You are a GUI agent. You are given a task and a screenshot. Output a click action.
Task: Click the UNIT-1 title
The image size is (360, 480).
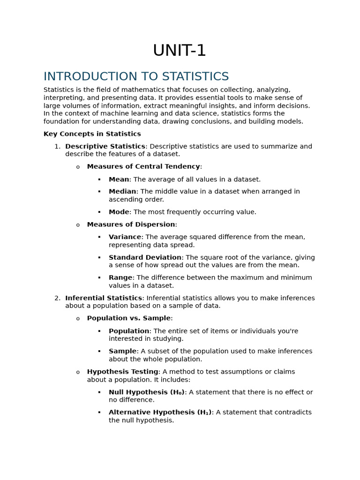[180, 51]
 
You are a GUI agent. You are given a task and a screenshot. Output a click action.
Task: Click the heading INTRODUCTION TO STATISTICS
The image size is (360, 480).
[136, 76]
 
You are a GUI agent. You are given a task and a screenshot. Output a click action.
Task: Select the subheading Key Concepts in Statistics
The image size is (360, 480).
[92, 134]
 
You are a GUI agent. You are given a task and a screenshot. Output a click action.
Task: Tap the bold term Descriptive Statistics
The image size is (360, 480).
[105, 146]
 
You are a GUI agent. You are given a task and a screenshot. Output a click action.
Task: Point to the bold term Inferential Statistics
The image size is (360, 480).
[104, 298]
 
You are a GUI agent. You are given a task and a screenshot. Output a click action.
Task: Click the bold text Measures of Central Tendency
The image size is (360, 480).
[143, 166]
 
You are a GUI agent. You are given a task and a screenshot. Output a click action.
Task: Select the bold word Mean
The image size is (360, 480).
[119, 179]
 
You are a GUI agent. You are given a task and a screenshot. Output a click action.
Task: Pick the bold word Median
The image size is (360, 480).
[122, 191]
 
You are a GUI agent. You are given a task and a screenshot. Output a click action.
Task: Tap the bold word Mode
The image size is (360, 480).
[119, 212]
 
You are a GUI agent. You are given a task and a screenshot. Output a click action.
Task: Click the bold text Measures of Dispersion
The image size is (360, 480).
[131, 225]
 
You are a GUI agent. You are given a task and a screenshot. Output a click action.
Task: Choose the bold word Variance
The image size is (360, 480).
[125, 237]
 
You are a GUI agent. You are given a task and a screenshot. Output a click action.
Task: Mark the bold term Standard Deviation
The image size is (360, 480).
[145, 257]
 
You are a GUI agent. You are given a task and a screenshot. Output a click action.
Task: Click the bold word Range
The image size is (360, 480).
[120, 277]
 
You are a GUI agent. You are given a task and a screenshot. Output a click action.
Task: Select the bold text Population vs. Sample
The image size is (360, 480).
[129, 318]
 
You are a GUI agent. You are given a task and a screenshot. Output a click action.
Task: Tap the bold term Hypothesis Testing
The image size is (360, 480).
[122, 372]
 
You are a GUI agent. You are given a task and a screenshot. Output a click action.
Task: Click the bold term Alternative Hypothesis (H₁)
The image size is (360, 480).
[160, 412]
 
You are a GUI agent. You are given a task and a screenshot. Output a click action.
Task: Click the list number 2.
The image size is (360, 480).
[57, 298]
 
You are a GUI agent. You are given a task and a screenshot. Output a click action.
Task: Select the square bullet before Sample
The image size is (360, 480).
[99, 351]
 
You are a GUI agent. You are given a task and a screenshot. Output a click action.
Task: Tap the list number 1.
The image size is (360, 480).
[57, 146]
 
